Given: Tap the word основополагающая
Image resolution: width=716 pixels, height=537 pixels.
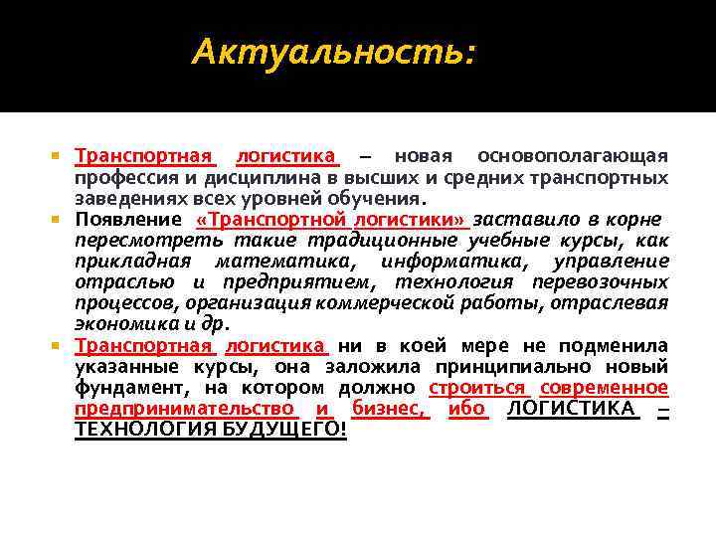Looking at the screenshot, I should click(573, 156).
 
